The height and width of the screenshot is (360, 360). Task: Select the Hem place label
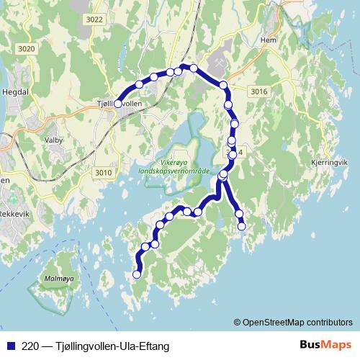[269, 40]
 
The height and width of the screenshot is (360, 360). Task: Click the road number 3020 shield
[27, 48]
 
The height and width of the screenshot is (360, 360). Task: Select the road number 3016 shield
[259, 91]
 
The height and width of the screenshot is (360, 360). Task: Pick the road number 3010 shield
[104, 173]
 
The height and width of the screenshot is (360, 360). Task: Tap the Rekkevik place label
[13, 213]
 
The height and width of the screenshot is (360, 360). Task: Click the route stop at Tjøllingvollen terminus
[118, 104]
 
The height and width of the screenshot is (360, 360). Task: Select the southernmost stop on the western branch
[138, 274]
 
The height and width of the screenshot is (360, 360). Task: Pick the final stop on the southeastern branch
[242, 226]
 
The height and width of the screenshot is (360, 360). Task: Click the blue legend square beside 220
[10, 346]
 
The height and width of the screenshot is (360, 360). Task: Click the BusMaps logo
[325, 345]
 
